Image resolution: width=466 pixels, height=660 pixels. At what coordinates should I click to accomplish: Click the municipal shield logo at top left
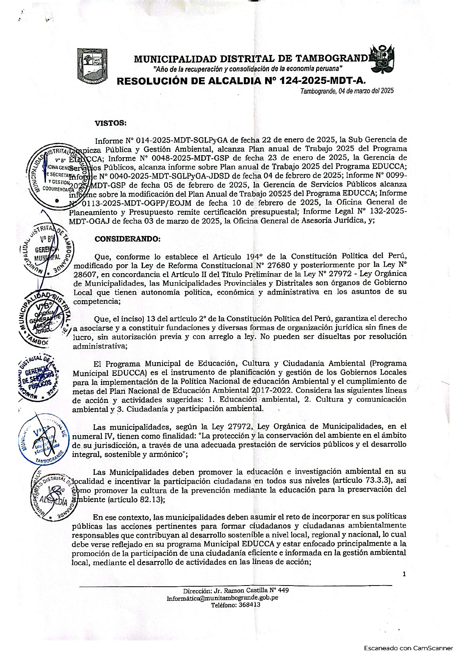click(x=91, y=65)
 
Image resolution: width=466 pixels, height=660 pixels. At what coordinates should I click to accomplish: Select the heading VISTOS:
click(x=111, y=123)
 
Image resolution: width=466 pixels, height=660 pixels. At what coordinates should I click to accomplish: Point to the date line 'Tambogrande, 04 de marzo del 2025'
click(x=347, y=91)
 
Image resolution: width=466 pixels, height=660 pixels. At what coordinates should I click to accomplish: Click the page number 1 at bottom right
click(x=404, y=574)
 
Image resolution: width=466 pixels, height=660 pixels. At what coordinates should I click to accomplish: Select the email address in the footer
click(x=222, y=598)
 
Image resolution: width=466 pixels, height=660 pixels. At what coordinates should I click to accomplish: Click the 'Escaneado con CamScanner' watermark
click(x=408, y=648)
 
